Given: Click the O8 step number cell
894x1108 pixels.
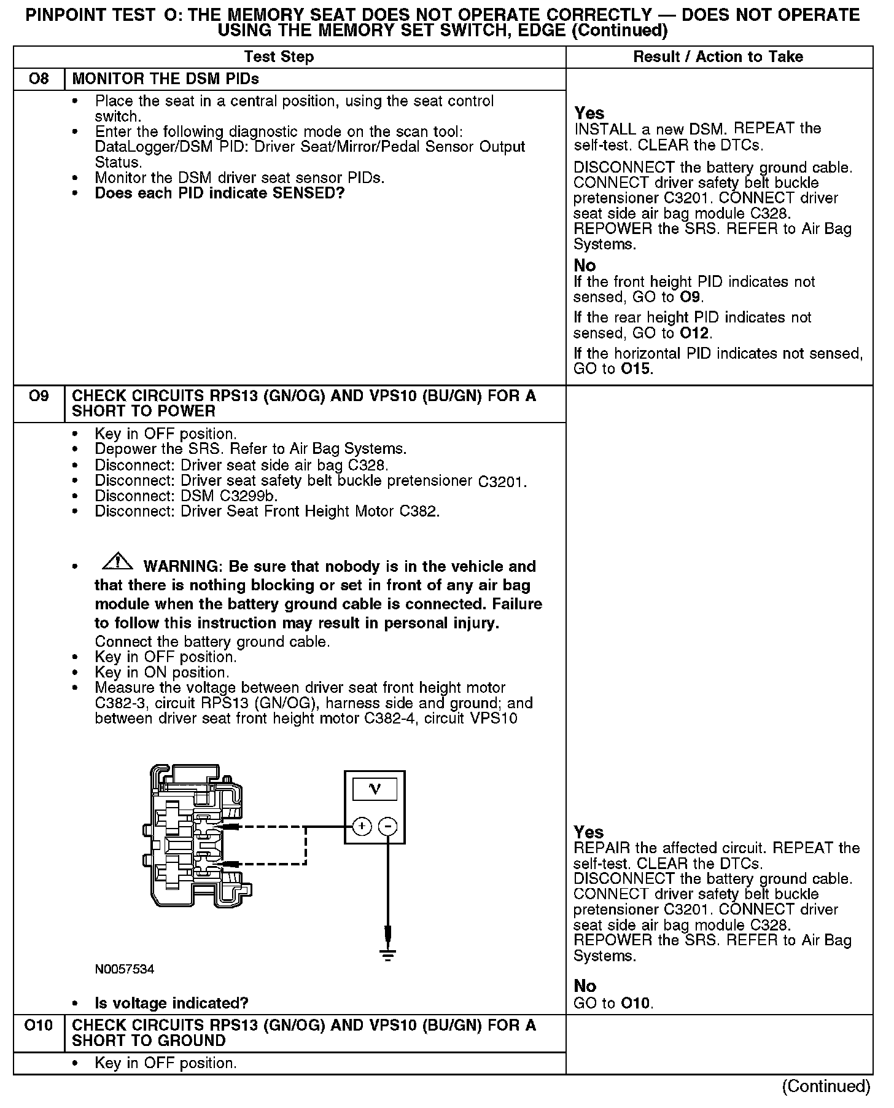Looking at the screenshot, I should (39, 79).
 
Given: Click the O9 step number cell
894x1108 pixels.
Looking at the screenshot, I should (39, 396).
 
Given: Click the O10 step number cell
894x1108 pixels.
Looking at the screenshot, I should (39, 1025).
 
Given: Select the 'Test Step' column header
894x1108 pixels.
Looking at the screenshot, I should (279, 57).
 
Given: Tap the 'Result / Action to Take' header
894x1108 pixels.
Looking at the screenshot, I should (718, 57).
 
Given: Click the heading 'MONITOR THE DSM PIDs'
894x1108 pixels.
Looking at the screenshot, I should (166, 79).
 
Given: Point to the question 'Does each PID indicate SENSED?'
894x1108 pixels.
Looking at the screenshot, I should (219, 193).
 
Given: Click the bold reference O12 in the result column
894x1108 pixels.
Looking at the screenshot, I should (694, 334).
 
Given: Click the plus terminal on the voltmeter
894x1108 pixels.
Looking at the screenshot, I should (362, 827).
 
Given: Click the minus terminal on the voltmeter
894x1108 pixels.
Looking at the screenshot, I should (387, 827).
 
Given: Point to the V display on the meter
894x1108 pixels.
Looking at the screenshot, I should (375, 789).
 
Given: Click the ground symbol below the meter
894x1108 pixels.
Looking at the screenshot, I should (387, 954).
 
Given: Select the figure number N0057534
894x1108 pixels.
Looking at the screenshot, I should (125, 970).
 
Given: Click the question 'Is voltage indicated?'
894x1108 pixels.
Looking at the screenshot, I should (171, 1004).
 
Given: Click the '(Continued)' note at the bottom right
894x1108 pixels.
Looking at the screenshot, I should (826, 1086).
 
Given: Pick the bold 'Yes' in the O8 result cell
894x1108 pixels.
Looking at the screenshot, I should (589, 114).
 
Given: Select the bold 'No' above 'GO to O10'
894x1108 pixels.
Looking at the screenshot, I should (585, 986).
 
